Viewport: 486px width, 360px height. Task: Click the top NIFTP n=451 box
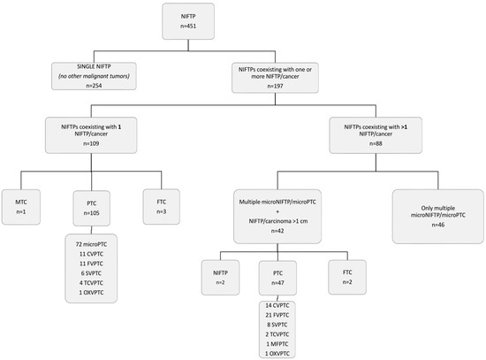click(188, 21)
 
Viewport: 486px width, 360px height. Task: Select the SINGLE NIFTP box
click(94, 76)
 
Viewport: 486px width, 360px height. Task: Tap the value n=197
click(275, 86)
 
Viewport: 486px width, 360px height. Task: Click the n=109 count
click(91, 143)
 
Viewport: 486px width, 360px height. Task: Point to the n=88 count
click(376, 143)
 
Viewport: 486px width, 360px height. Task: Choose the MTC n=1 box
click(21, 207)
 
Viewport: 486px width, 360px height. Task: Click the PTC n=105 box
click(91, 208)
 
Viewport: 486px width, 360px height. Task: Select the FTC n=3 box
click(162, 207)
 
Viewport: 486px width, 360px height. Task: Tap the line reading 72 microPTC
click(91, 244)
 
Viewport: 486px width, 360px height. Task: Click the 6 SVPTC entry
click(91, 273)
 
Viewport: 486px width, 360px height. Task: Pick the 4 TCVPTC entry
click(91, 283)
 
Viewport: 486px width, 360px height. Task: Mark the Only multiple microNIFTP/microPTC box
click(438, 217)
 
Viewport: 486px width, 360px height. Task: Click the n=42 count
click(277, 231)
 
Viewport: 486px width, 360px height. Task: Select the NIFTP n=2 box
click(220, 278)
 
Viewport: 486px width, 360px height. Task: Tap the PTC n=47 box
click(277, 278)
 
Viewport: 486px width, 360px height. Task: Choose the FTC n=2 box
click(347, 277)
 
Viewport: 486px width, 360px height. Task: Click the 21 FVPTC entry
click(277, 315)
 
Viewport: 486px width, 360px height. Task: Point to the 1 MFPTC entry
click(277, 344)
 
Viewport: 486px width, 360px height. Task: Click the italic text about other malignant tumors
click(94, 76)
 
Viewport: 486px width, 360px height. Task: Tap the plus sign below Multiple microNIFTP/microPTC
click(277, 211)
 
